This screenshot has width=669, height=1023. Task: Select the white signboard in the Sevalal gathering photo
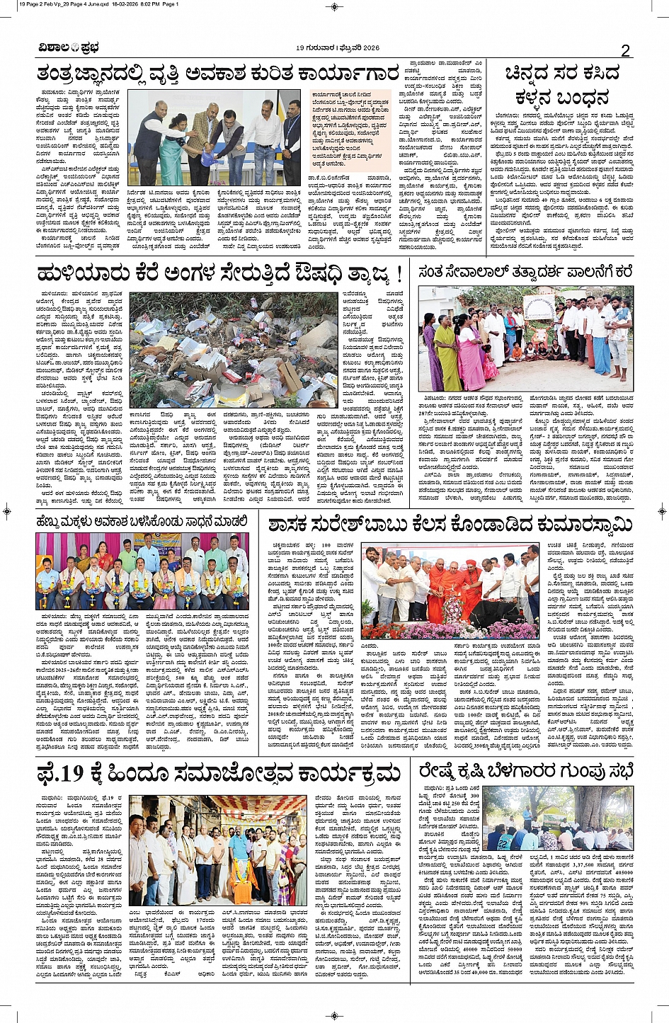[x=541, y=307]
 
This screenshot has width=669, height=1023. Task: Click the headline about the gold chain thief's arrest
[x=562, y=85]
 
